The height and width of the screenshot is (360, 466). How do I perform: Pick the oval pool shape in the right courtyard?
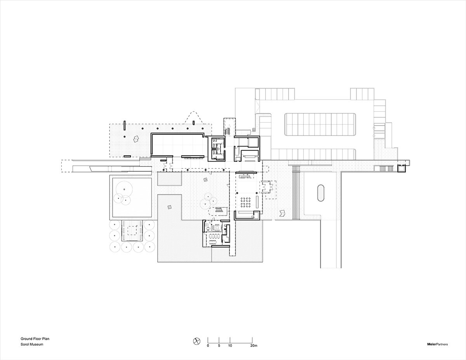tap(321, 193)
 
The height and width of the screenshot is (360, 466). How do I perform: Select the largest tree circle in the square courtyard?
tap(124, 190)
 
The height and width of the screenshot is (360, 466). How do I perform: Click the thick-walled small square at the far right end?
tap(402, 169)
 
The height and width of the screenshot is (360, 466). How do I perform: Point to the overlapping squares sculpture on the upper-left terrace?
tap(136, 139)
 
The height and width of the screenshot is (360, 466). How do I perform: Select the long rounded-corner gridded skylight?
tap(320, 124)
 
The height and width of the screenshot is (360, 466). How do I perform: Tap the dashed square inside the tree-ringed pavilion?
tap(132, 231)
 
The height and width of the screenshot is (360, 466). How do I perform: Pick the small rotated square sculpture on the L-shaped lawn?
tap(170, 207)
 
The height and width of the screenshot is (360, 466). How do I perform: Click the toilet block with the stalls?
tap(217, 148)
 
